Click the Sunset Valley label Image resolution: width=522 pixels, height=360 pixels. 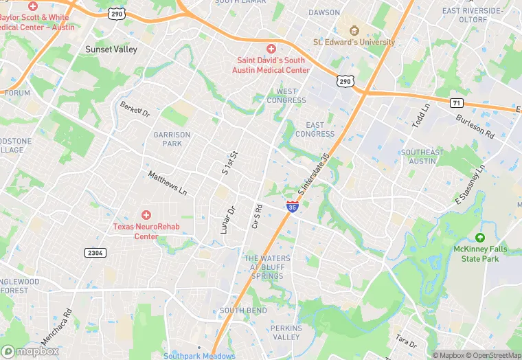click(111, 49)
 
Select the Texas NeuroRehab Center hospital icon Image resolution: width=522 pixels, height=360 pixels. click(146, 215)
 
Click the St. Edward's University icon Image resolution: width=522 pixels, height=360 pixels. click(354, 31)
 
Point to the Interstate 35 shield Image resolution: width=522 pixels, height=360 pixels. click(292, 206)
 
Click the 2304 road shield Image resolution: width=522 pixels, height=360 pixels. click(95, 253)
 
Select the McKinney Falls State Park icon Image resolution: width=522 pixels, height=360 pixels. click(480, 237)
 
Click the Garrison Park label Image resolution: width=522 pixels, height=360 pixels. click(168, 139)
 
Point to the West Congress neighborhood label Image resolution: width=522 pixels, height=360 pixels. click(291, 95)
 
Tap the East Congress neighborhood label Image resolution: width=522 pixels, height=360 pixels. click(315, 129)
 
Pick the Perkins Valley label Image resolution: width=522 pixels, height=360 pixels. click(286, 333)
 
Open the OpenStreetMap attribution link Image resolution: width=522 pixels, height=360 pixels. click(492, 355)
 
